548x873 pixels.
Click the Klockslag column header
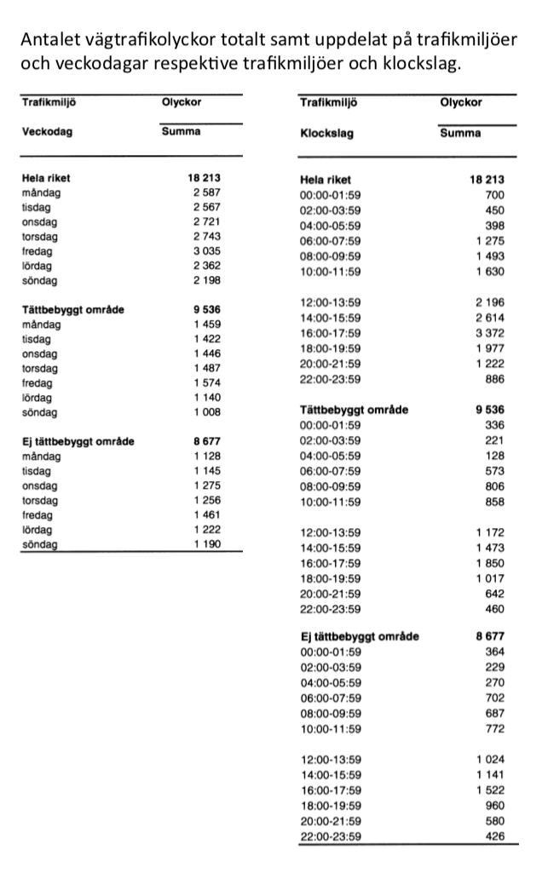pyautogui.click(x=326, y=134)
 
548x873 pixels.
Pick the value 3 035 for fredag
pyautogui.click(x=206, y=251)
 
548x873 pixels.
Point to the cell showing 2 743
pyautogui.click(x=206, y=237)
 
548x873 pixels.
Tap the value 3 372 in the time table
pyautogui.click(x=489, y=333)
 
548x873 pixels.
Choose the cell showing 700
pyautogui.click(x=494, y=195)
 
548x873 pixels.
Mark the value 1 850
pyautogui.click(x=489, y=563)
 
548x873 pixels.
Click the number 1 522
pyautogui.click(x=489, y=790)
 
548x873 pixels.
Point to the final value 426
pyautogui.click(x=494, y=836)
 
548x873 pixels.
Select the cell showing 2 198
pyautogui.click(x=206, y=280)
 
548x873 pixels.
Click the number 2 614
pyautogui.click(x=489, y=318)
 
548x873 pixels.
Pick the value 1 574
pyautogui.click(x=206, y=383)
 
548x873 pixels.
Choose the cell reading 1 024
pyautogui.click(x=489, y=759)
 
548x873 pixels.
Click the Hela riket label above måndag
pyautogui.click(x=46, y=179)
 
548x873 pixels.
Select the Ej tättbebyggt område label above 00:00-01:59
pyautogui.click(x=360, y=636)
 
